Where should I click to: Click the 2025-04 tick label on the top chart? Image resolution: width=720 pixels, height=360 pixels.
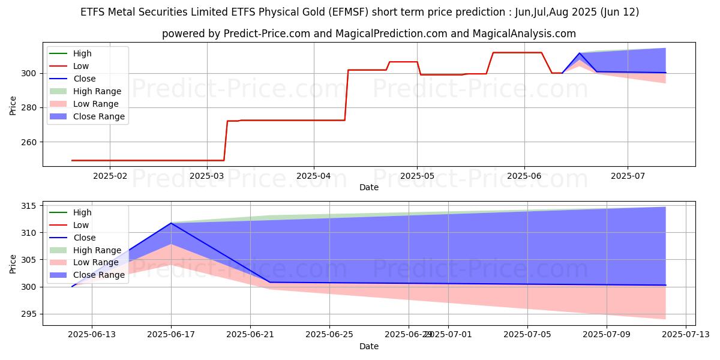coord(314,176)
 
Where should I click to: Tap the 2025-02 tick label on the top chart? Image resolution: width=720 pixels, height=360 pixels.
coord(111,176)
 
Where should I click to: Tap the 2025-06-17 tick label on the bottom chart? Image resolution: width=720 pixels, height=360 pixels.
coord(171,335)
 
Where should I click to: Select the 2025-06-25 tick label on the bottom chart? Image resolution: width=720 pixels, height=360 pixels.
coord(329,335)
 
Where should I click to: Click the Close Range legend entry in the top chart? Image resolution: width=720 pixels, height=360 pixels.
coord(99,116)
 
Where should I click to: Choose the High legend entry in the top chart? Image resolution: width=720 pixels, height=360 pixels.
coord(82,53)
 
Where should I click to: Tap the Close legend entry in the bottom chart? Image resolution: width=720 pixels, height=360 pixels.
coord(83,238)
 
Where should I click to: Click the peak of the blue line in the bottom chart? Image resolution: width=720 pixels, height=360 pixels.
coord(171,223)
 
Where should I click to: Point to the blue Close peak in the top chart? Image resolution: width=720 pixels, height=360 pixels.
coord(579,53)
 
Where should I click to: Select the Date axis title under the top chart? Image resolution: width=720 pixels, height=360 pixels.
coord(369,187)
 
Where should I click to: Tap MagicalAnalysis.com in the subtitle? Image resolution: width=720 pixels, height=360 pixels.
coord(524,34)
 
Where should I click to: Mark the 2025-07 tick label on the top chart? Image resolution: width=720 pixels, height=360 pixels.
coord(628,176)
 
